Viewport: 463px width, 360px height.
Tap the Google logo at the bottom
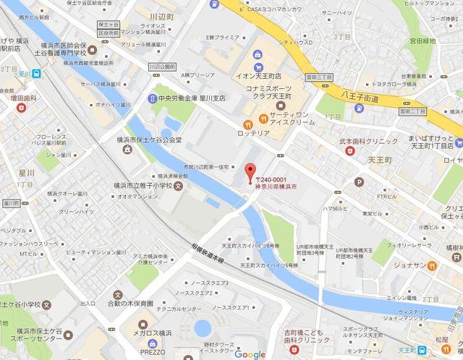tap(250, 353)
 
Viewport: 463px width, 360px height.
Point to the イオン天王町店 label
tap(258, 77)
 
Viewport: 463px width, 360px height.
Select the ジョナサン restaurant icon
tap(432, 264)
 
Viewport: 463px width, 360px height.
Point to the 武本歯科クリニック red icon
tap(351, 152)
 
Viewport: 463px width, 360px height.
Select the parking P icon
tap(359, 181)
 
